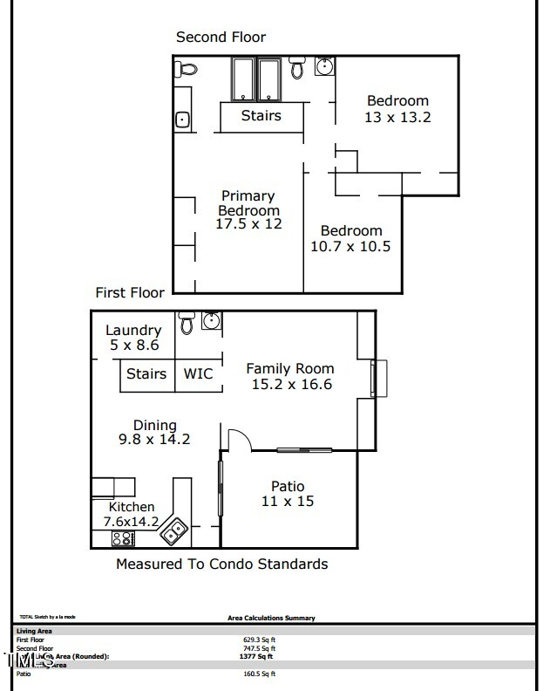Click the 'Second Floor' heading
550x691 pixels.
point(221,37)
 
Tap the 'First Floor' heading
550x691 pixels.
point(130,292)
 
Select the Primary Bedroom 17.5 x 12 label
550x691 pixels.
point(248,209)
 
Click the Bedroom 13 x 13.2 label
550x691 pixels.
point(397,108)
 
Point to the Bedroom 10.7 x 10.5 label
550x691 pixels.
point(350,238)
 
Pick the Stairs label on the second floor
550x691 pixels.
point(261,115)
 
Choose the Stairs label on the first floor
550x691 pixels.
point(146,373)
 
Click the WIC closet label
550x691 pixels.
point(198,373)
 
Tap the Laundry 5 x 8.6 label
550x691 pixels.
point(133,338)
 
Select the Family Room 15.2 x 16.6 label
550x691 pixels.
point(290,376)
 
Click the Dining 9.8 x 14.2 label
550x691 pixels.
point(154,433)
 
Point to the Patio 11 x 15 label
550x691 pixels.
point(287,494)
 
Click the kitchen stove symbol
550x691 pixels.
point(124,538)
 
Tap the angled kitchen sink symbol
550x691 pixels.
point(177,528)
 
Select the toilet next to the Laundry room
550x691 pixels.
point(187,324)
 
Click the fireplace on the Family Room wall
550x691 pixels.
point(378,378)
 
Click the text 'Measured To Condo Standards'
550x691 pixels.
point(221,564)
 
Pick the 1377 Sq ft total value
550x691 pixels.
point(259,656)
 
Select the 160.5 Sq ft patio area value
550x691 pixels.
point(259,674)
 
